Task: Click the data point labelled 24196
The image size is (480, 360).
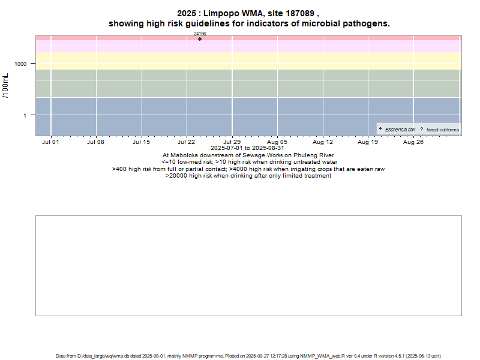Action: pos(200,39)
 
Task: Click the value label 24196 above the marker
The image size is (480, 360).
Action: pos(200,34)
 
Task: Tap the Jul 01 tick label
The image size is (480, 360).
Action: pos(51,142)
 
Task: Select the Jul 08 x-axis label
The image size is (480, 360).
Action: pos(96,142)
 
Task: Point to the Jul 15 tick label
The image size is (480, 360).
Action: pos(142,142)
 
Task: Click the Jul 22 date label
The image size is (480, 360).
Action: pos(187,142)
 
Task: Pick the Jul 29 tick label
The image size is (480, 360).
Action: pos(232,142)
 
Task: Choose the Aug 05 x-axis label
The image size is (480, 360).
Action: pos(277,142)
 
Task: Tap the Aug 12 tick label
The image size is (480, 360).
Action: pos(323,142)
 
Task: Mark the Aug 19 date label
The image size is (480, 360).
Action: pos(368,142)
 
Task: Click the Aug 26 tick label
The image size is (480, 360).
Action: pos(413,142)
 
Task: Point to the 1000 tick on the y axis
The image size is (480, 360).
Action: pos(21,64)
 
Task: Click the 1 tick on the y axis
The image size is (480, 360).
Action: pos(25,115)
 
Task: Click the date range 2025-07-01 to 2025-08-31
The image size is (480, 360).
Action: pos(248,148)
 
